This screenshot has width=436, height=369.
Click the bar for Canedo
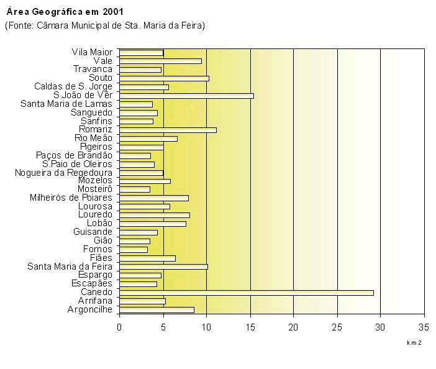tap(246, 292)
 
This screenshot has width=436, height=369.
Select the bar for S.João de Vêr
tap(186, 96)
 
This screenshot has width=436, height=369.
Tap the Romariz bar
tap(168, 129)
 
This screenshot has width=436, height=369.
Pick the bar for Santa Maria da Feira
tap(163, 266)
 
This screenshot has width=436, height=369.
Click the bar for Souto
tap(164, 78)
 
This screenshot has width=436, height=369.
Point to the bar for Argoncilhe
tap(157, 309)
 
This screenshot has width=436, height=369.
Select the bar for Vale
tap(160, 61)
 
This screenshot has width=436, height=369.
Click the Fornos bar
tap(134, 249)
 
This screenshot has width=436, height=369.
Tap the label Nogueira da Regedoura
tap(64, 172)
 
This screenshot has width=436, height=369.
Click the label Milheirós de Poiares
tap(71, 198)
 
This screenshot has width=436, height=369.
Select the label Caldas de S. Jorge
tap(73, 86)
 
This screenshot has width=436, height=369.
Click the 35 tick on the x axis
tap(424, 326)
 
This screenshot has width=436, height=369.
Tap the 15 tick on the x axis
tap(250, 326)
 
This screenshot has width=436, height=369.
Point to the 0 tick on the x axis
tap(119, 326)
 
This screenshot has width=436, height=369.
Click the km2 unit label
tap(414, 342)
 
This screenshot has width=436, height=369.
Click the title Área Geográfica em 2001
tap(56, 12)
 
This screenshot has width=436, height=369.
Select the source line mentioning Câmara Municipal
tap(104, 25)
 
